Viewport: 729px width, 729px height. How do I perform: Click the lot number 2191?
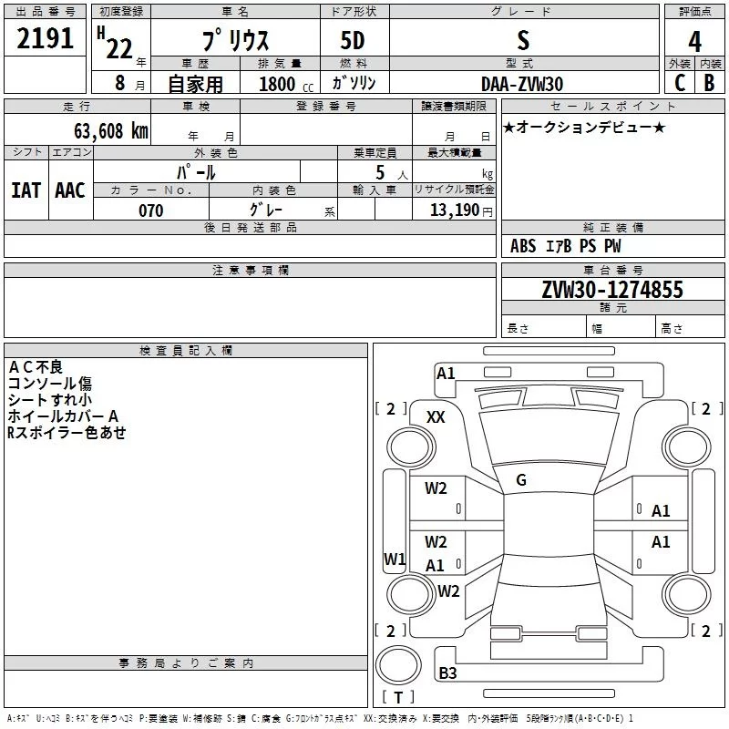(x=45, y=38)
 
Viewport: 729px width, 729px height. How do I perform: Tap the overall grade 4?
(x=694, y=42)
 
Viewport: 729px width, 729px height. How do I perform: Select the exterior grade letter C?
(x=680, y=83)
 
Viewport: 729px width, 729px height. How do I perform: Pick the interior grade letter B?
(x=709, y=83)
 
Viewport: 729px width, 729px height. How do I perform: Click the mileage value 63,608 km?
(x=111, y=131)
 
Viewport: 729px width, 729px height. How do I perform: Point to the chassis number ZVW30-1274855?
(x=612, y=289)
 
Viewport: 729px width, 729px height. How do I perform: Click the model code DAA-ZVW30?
(x=522, y=84)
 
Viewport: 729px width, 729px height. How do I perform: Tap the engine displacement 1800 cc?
(x=286, y=84)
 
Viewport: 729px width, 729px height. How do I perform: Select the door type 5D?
(x=353, y=41)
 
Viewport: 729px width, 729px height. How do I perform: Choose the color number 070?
(x=151, y=210)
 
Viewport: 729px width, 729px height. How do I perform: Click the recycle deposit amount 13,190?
(x=454, y=210)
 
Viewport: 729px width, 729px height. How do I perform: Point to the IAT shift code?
(x=26, y=190)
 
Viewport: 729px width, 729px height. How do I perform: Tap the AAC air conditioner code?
(x=70, y=190)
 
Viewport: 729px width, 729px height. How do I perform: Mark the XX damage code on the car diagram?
(x=436, y=417)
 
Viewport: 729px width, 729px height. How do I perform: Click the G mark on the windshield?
(x=521, y=480)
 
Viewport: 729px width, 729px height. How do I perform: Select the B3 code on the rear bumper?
(x=447, y=673)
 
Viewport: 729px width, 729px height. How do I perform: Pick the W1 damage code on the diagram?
(x=395, y=559)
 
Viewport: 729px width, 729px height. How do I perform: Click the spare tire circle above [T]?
(x=398, y=665)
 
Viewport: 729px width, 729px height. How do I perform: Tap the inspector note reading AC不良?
(x=36, y=367)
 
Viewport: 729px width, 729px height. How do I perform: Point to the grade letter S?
(x=523, y=41)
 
